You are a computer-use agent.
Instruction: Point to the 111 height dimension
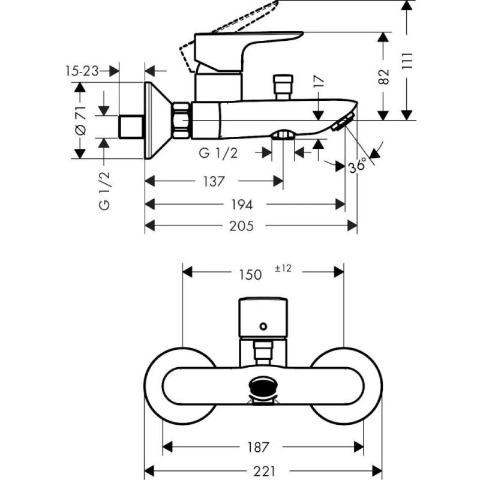pos(407,61)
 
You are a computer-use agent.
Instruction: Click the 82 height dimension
pos(384,76)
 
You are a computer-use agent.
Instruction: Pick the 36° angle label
pos(356,166)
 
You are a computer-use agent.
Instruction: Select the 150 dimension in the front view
pos(250,274)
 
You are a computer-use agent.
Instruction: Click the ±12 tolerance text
pos(283,269)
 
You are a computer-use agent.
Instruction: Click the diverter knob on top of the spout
pos(282,86)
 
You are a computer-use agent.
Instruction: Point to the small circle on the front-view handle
pos(262,327)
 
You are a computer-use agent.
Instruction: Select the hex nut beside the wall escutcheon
pos(181,121)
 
